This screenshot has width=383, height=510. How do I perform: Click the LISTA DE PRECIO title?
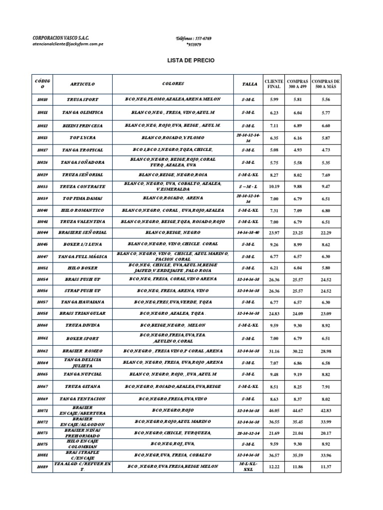click(x=191, y=60)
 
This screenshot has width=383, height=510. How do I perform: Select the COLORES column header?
click(x=173, y=84)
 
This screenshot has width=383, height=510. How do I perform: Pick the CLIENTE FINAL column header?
click(x=274, y=84)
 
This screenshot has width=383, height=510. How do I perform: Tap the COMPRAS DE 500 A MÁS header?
click(x=326, y=84)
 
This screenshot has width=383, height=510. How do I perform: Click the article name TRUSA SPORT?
click(x=83, y=99)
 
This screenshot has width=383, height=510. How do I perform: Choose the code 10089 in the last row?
click(x=41, y=466)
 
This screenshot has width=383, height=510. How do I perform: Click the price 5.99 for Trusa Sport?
click(x=274, y=99)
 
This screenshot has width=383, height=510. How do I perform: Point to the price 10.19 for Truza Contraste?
click(x=274, y=187)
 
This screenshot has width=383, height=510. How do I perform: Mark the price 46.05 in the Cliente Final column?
click(x=274, y=410)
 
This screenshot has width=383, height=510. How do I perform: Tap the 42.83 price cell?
click(x=326, y=410)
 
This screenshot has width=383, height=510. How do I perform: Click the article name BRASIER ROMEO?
click(x=83, y=351)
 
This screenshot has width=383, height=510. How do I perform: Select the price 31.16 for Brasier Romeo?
click(x=274, y=351)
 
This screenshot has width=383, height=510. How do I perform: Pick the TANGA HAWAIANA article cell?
click(x=83, y=302)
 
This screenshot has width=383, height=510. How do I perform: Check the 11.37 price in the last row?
click(x=326, y=466)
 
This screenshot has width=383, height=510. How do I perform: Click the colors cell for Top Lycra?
click(x=173, y=137)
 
